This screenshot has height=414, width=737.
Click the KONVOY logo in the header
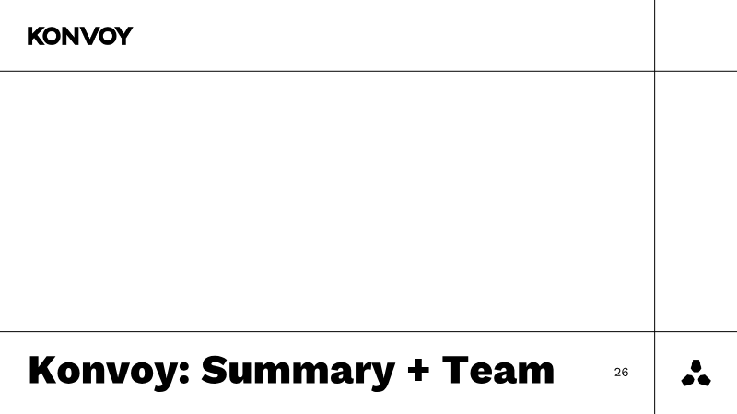(80, 36)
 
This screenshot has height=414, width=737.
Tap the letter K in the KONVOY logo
(36, 36)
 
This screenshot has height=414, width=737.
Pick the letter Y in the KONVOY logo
(124, 36)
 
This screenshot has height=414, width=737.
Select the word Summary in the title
(298, 372)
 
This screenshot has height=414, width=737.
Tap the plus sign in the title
(418, 369)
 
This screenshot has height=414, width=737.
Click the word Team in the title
(498, 370)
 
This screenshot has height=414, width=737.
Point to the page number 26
(621, 373)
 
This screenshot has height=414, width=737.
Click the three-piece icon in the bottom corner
(696, 374)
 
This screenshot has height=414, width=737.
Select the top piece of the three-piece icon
(696, 366)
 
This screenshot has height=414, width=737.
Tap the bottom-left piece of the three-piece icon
(688, 380)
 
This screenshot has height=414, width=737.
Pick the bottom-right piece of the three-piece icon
(704, 380)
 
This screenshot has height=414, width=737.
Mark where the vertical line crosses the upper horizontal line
(655, 72)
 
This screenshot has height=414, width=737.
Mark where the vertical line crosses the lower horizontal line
(655, 331)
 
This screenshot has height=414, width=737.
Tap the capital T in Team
(456, 370)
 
